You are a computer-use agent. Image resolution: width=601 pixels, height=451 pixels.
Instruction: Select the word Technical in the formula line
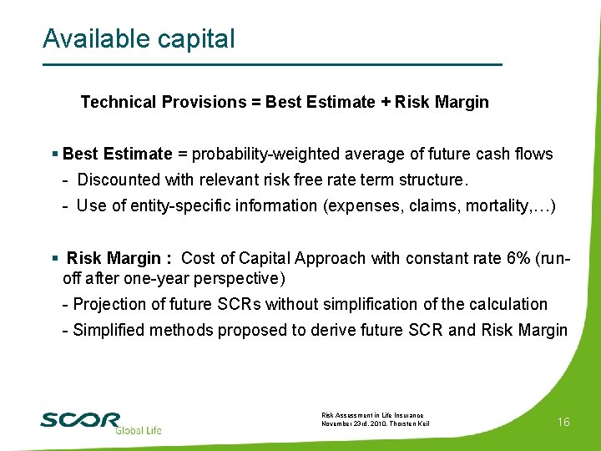[x=118, y=102]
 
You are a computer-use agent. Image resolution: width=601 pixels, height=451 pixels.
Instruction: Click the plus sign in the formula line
[x=385, y=102]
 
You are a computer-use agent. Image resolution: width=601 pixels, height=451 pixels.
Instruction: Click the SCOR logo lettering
[x=80, y=419]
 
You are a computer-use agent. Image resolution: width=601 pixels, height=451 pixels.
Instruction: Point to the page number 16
[x=563, y=422]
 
